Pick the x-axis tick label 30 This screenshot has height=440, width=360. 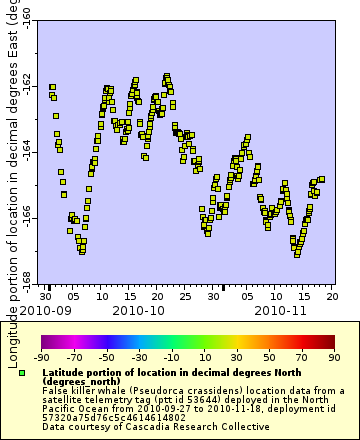[47, 297]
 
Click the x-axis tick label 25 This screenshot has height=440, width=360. [186, 297]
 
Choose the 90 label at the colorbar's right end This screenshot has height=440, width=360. [333, 356]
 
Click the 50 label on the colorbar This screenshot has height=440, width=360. [269, 356]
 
